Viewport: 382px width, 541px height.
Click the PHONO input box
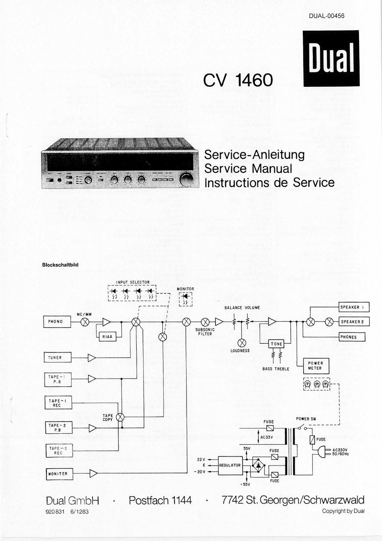pos(57,322)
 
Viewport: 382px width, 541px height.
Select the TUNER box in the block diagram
pos(58,357)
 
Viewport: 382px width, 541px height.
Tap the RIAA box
pos(107,336)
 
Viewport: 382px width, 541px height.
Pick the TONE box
pos(276,344)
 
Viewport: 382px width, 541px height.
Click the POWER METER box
pos(315,365)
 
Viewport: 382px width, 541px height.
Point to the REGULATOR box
pos(230,465)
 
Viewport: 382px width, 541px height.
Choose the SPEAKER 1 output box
pos(354,307)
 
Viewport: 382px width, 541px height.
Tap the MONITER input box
pos(59,474)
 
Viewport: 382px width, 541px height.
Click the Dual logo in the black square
pos(331,59)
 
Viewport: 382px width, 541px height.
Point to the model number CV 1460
pos(238,80)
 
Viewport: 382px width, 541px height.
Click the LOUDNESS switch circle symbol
pos(242,342)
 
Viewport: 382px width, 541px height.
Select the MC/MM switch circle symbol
pos(85,322)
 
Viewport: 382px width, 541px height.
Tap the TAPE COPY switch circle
pos(120,417)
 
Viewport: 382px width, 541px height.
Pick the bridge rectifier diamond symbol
pos(258,465)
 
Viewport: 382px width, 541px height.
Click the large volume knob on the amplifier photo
pos(187,180)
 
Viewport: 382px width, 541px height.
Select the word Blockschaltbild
pos(60,265)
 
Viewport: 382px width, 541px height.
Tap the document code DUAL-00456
pos(327,16)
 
